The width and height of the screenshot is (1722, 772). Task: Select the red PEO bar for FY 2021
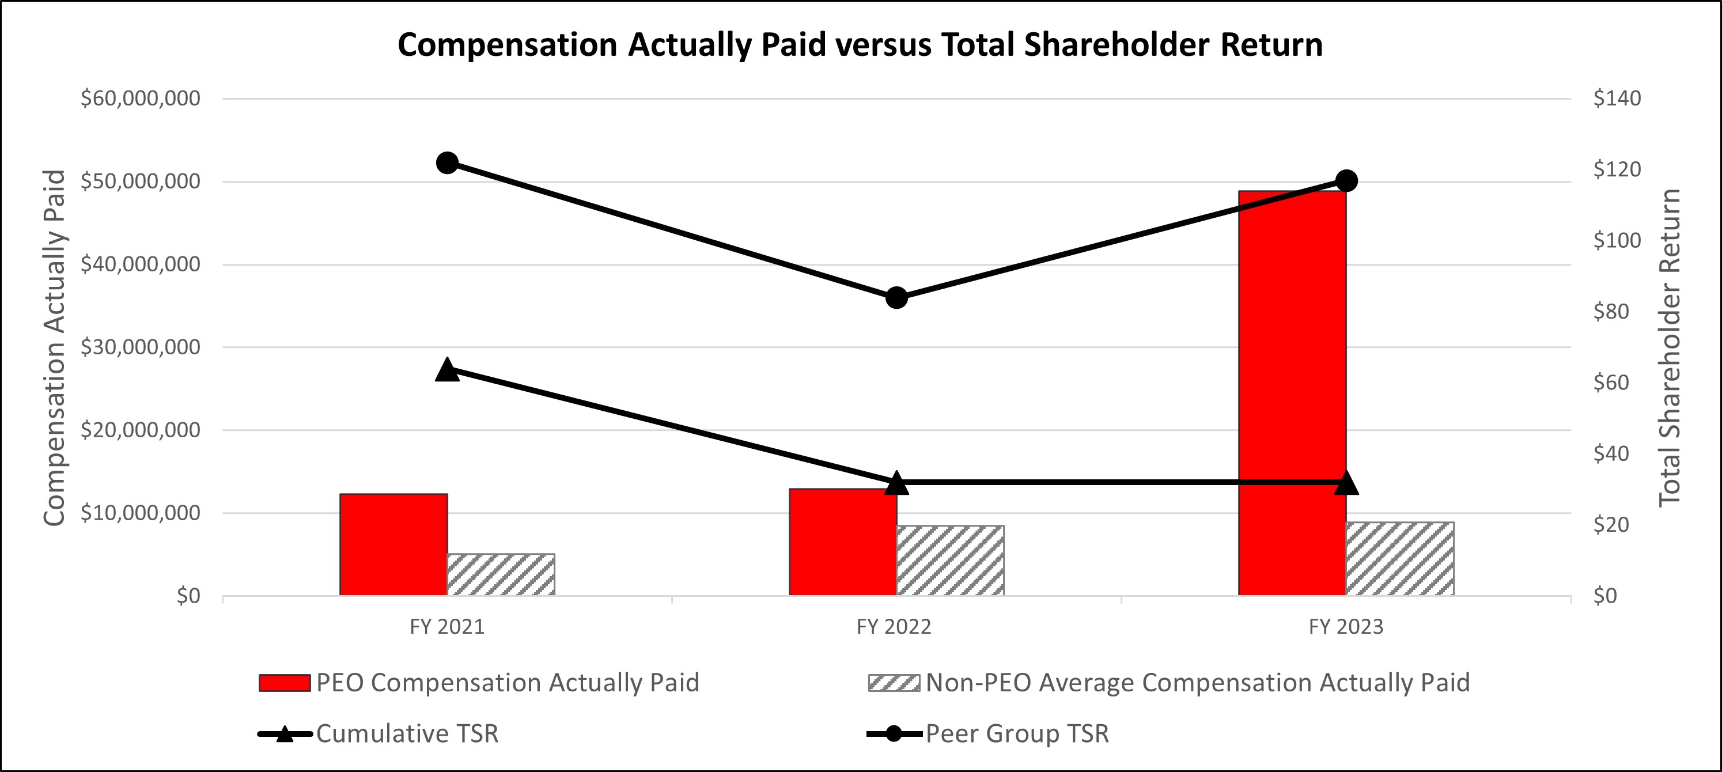393,545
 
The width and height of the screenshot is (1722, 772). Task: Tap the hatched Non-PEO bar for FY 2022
950,560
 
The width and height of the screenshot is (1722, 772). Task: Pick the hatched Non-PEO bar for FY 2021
501,574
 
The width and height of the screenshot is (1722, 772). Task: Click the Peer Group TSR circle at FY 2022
896,298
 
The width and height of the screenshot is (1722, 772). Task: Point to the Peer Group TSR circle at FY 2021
446,163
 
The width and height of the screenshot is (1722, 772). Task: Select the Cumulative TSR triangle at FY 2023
1346,483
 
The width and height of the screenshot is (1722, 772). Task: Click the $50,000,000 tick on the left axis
140,181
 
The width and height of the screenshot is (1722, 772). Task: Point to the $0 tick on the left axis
188,596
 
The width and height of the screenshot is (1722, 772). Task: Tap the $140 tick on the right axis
1617,99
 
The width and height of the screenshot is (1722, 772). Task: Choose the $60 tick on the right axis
1611,383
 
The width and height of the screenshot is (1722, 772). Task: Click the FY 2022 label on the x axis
894,627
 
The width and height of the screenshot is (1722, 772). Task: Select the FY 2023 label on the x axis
1346,627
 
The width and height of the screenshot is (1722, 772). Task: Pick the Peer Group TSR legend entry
1016,734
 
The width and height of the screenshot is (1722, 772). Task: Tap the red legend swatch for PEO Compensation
285,683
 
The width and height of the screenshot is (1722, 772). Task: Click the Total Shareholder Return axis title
1669,347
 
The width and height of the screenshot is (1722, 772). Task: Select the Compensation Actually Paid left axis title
54,347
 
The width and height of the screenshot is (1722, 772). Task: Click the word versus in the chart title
884,45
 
